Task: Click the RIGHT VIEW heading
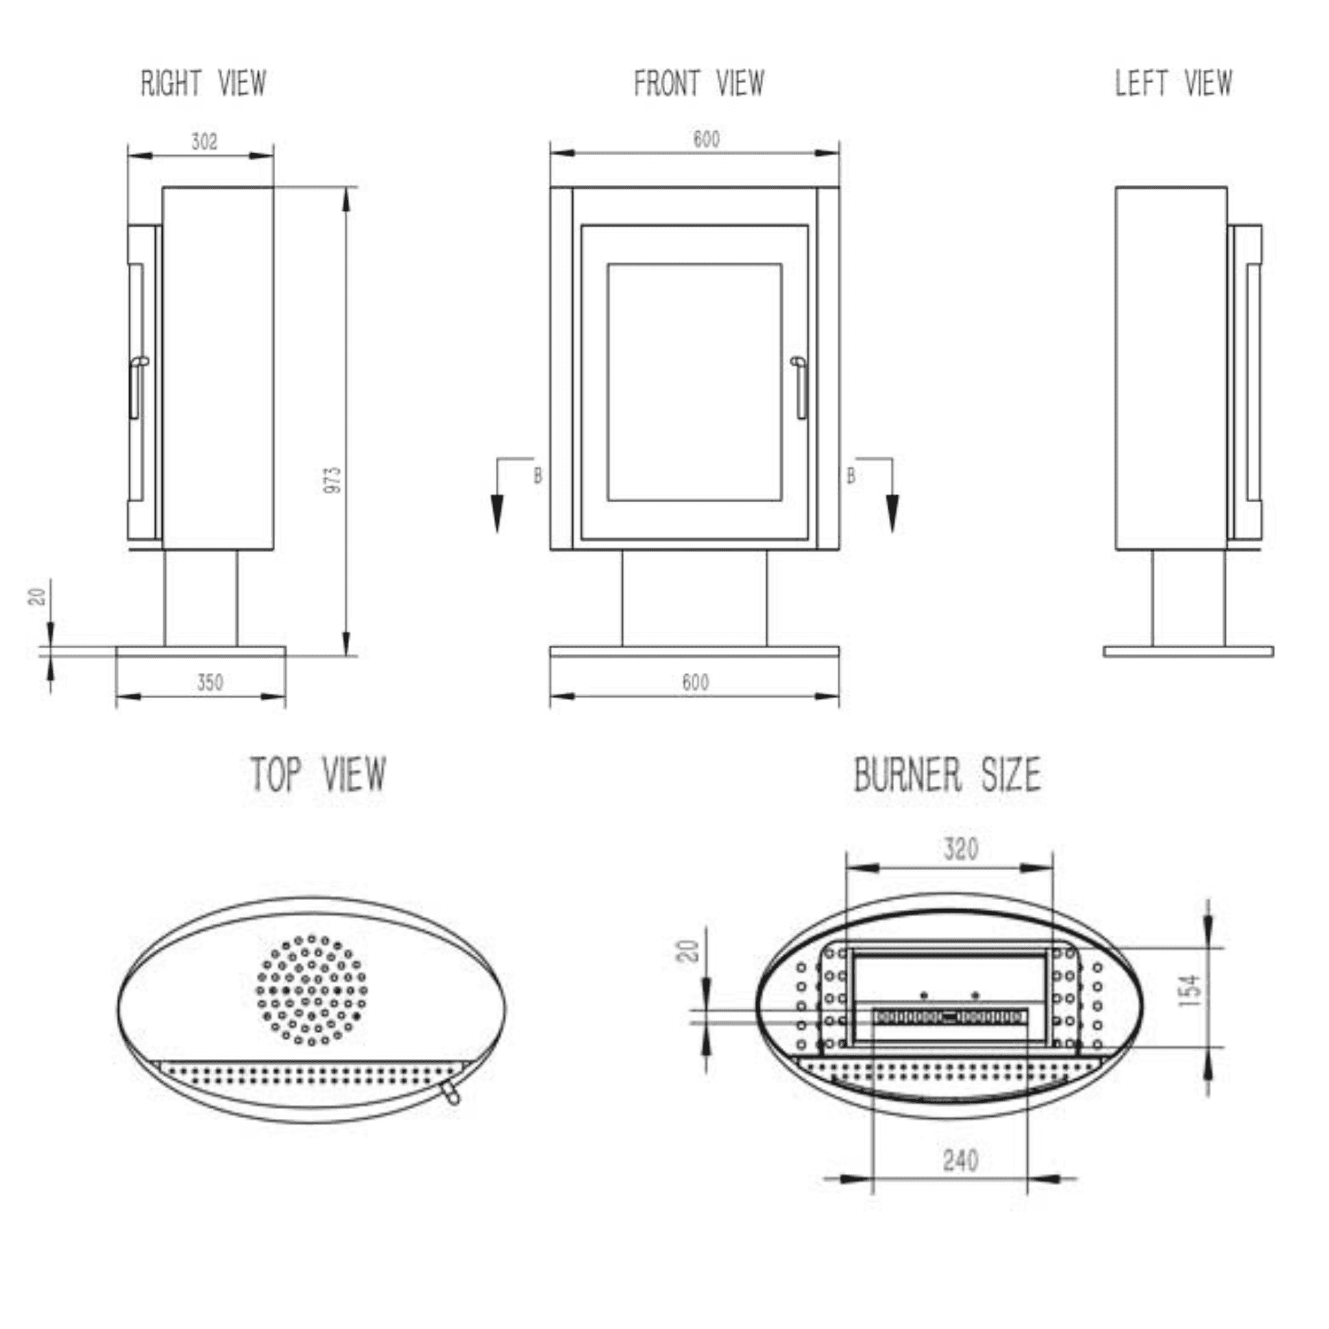(x=204, y=83)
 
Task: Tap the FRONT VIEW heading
(x=698, y=83)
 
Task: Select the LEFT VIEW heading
(x=1173, y=83)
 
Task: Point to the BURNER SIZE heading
(x=947, y=775)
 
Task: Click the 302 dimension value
(x=204, y=141)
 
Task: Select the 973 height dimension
(x=332, y=480)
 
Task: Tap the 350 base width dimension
(x=210, y=683)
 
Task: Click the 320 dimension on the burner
(x=960, y=849)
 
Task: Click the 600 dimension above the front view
(x=706, y=140)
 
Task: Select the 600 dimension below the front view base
(x=696, y=683)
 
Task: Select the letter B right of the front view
(x=851, y=475)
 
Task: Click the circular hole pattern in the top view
(x=311, y=989)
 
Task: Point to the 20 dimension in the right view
(x=38, y=596)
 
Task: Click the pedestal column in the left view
(x=1188, y=598)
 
